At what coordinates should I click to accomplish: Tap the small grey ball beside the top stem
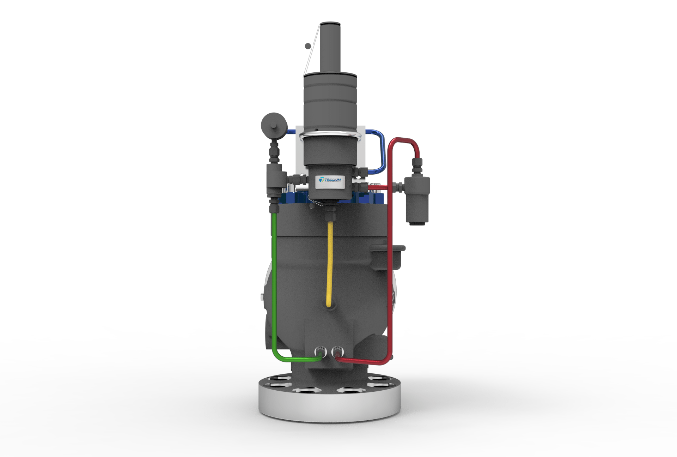[x=61, y=46]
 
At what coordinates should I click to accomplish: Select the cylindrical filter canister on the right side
[x=417, y=199]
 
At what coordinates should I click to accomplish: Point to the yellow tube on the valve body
[x=330, y=265]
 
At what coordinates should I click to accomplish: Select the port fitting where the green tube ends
[x=320, y=352]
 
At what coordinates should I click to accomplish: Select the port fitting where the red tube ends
[x=337, y=352]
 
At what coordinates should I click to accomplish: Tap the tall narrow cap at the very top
[x=330, y=48]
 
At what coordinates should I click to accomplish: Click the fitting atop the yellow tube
[x=330, y=214]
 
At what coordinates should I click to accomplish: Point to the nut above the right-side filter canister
[x=417, y=164]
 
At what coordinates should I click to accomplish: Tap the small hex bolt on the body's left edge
[x=261, y=296]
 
